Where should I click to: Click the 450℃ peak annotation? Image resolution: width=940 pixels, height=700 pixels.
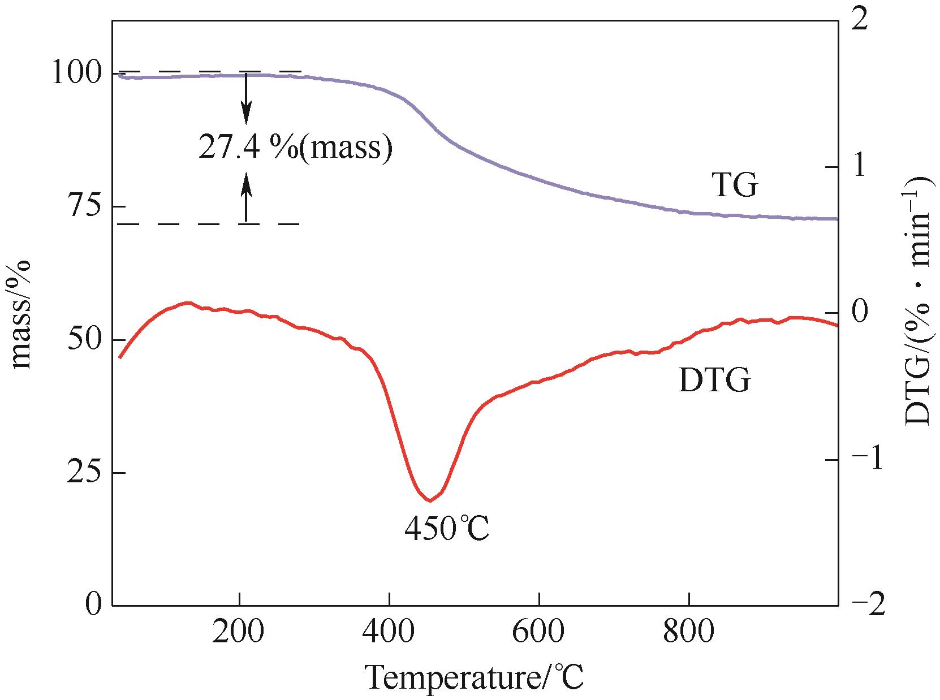point(446,529)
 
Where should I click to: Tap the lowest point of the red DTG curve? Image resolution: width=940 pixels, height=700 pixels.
point(430,500)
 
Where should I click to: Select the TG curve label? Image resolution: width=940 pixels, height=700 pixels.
point(734,185)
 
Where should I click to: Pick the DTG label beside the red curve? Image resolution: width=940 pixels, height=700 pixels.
point(714,379)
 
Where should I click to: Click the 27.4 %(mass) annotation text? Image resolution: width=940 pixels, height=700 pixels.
point(295,148)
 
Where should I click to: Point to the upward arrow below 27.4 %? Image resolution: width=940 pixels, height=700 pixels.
point(246,197)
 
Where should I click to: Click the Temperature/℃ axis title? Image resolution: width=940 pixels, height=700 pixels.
point(475,677)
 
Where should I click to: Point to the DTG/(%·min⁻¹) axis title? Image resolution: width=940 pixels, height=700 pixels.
point(919,300)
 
